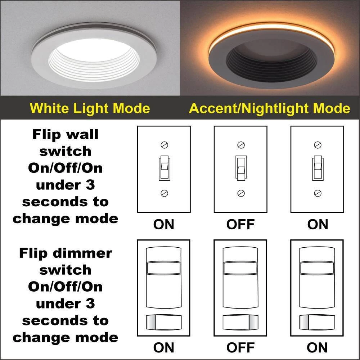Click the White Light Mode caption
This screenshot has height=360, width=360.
coord(90,108)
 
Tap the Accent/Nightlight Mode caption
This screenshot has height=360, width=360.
coord(270,108)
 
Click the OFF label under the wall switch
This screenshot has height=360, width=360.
coord(240,224)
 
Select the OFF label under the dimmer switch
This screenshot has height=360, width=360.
coord(240,348)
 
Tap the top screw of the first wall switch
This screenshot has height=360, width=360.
coord(164,145)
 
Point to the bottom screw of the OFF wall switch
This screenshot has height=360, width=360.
coord(241,193)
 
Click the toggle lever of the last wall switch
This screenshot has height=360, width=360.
coord(317,164)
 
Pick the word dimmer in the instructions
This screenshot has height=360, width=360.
coord(82,253)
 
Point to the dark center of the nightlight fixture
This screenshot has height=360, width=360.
coord(272,58)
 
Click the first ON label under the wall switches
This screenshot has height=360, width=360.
coord(164,224)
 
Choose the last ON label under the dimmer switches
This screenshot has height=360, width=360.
coord(317,348)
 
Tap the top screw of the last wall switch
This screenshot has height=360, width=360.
coord(318,145)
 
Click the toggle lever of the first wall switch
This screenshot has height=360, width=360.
coord(164,164)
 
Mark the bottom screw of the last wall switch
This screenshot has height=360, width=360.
coord(318,193)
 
